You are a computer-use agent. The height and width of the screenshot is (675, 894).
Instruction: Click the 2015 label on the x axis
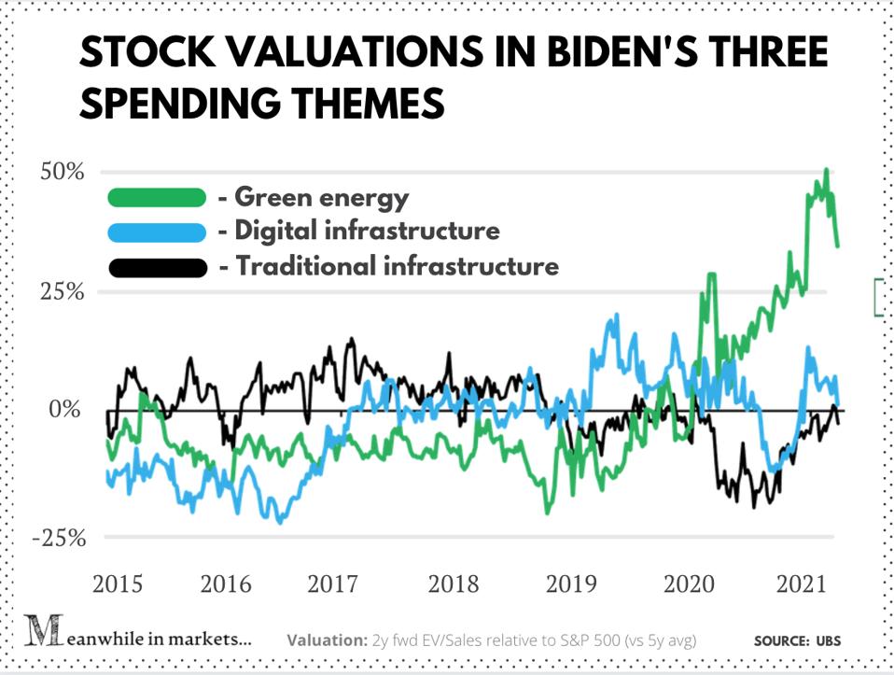pos(117,584)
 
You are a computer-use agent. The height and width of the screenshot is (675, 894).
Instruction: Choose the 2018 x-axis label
pos(454,584)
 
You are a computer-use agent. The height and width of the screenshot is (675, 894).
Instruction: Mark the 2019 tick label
pos(571,584)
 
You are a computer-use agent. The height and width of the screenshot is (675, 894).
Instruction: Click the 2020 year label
pos(688,584)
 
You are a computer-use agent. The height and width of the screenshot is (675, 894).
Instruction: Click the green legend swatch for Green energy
pos(156,197)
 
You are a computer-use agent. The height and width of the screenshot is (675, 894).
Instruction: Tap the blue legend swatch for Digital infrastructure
pos(156,232)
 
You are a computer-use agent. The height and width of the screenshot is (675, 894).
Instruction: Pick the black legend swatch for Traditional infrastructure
pos(156,267)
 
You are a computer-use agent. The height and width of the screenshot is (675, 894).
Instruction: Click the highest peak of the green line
pos(826,171)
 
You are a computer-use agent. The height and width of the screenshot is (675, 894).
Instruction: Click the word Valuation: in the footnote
pos(328,640)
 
